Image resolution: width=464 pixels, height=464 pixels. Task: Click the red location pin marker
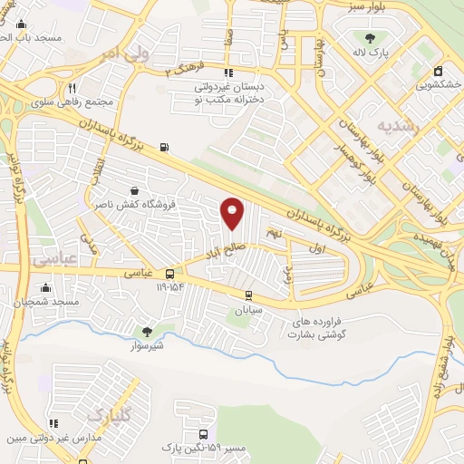pos(233,213)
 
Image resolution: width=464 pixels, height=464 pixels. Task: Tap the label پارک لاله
pos(370,53)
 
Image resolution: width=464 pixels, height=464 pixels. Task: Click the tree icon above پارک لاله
pos(370,38)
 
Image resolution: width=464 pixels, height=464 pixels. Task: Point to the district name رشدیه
pos(400,126)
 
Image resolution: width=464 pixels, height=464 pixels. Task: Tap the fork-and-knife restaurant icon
pos(72,89)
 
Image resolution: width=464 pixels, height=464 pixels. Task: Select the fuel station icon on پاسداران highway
pos(163,147)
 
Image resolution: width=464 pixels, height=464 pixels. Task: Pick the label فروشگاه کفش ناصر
pos(134,205)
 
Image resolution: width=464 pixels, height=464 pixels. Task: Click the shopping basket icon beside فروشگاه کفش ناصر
pos(134,191)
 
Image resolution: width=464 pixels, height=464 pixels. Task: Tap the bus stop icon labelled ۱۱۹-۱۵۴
pos(169,274)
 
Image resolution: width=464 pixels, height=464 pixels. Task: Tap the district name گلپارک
pos(110,415)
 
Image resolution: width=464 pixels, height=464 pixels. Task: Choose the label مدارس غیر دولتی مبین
pos(55,439)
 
